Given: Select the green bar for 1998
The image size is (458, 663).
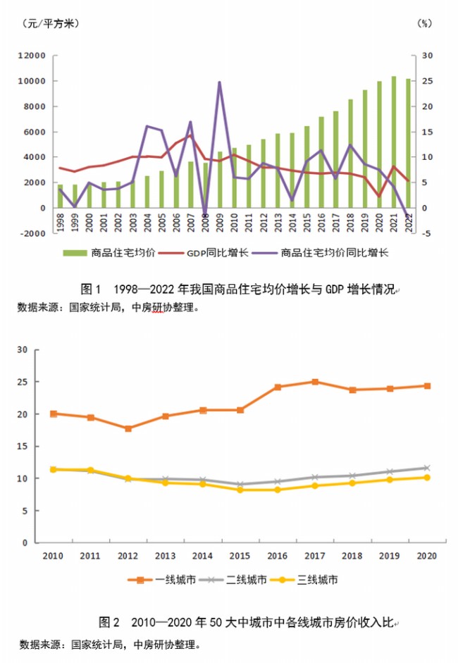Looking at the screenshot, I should (x=60, y=197).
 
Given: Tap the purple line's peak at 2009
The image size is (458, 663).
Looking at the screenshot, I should (x=219, y=82).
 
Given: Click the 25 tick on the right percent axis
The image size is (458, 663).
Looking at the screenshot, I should (x=427, y=81).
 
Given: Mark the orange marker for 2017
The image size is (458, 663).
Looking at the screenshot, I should (x=315, y=382).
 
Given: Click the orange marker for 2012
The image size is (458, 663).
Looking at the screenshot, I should (x=127, y=428).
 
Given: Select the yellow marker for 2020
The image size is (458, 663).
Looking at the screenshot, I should (x=427, y=478).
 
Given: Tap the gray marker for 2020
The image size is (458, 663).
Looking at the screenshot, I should (x=427, y=468).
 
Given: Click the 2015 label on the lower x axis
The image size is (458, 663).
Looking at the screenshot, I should (x=240, y=555).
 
